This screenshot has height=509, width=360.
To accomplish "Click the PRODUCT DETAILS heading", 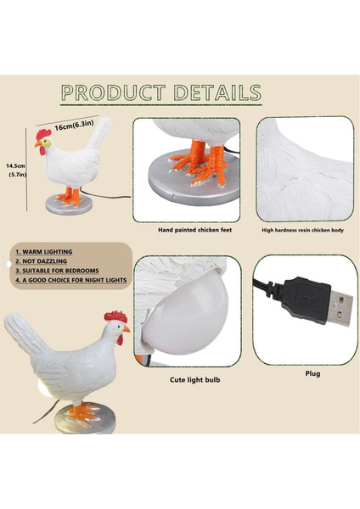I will (x=160, y=92).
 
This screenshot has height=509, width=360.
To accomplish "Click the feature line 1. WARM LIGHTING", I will (x=44, y=252).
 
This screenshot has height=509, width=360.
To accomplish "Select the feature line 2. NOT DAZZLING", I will (x=42, y=262).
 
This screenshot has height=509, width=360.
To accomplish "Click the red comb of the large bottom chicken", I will (x=115, y=316).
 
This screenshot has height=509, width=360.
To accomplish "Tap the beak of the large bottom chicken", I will (x=127, y=329).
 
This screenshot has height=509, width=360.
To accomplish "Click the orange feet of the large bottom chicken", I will (x=83, y=411).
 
